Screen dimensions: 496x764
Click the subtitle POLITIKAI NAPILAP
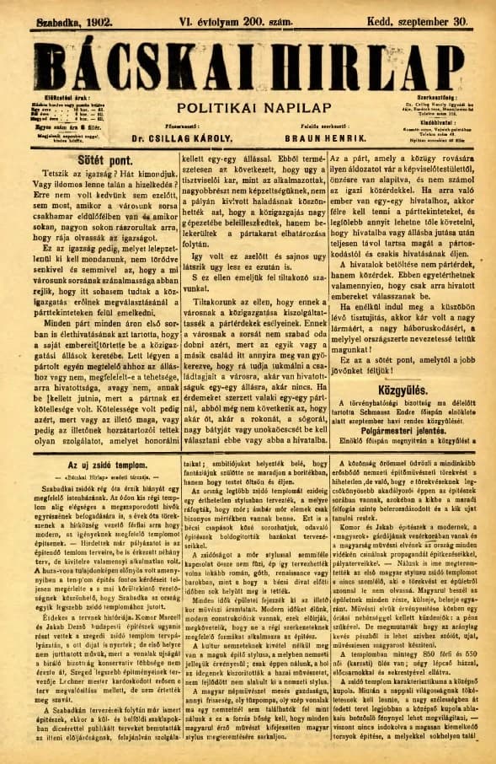tap(246, 107)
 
